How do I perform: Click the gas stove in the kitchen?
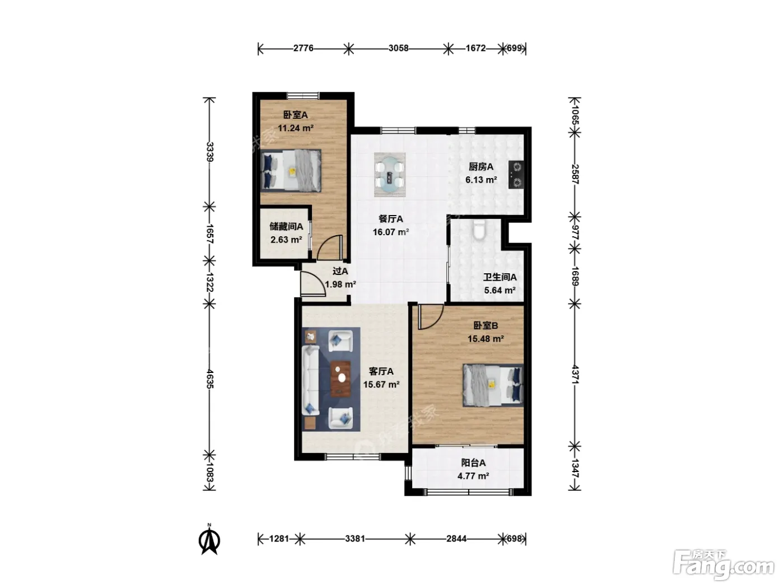tap(516, 175)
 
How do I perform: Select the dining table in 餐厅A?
tap(390, 175)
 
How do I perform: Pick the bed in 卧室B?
tap(493, 385)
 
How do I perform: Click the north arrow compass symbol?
tap(209, 540)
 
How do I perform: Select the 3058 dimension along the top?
tap(398, 48)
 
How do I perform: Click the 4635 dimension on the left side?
tap(210, 379)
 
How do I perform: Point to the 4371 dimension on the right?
tap(575, 374)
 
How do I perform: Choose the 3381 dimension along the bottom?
tap(354, 538)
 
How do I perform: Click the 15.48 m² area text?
tap(486, 338)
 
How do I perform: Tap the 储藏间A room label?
tap(286, 226)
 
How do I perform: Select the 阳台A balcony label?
tap(473, 463)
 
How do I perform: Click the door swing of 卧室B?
tap(431, 316)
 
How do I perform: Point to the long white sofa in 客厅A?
tap(310, 381)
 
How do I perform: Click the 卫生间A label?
tap(500, 277)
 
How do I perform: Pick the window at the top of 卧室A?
tap(303, 96)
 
